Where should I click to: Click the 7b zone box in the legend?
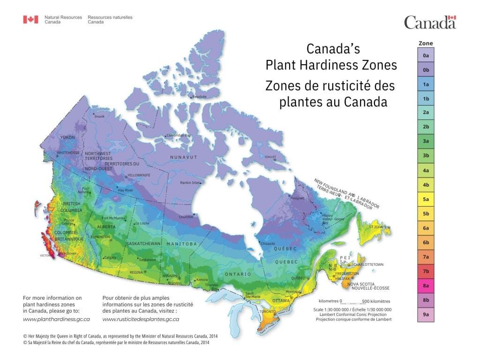(x=426, y=271)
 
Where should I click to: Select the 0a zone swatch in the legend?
(x=426, y=55)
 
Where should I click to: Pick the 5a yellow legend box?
(x=426, y=199)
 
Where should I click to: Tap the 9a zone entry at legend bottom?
(x=426, y=315)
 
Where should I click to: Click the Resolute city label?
(x=199, y=97)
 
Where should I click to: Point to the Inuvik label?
(x=99, y=116)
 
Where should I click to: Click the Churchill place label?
(x=186, y=217)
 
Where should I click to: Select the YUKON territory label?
(x=67, y=137)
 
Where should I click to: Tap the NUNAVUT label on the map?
(x=183, y=157)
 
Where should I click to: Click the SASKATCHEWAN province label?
(x=143, y=244)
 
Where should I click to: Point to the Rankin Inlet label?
(x=190, y=182)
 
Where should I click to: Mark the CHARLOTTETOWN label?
(x=368, y=264)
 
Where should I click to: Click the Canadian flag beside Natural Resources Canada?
(x=31, y=20)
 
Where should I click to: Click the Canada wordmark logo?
(x=430, y=22)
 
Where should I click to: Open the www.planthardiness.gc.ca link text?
(x=56, y=319)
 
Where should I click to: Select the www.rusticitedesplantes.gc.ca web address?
(x=141, y=319)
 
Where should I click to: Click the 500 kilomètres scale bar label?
(x=376, y=301)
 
